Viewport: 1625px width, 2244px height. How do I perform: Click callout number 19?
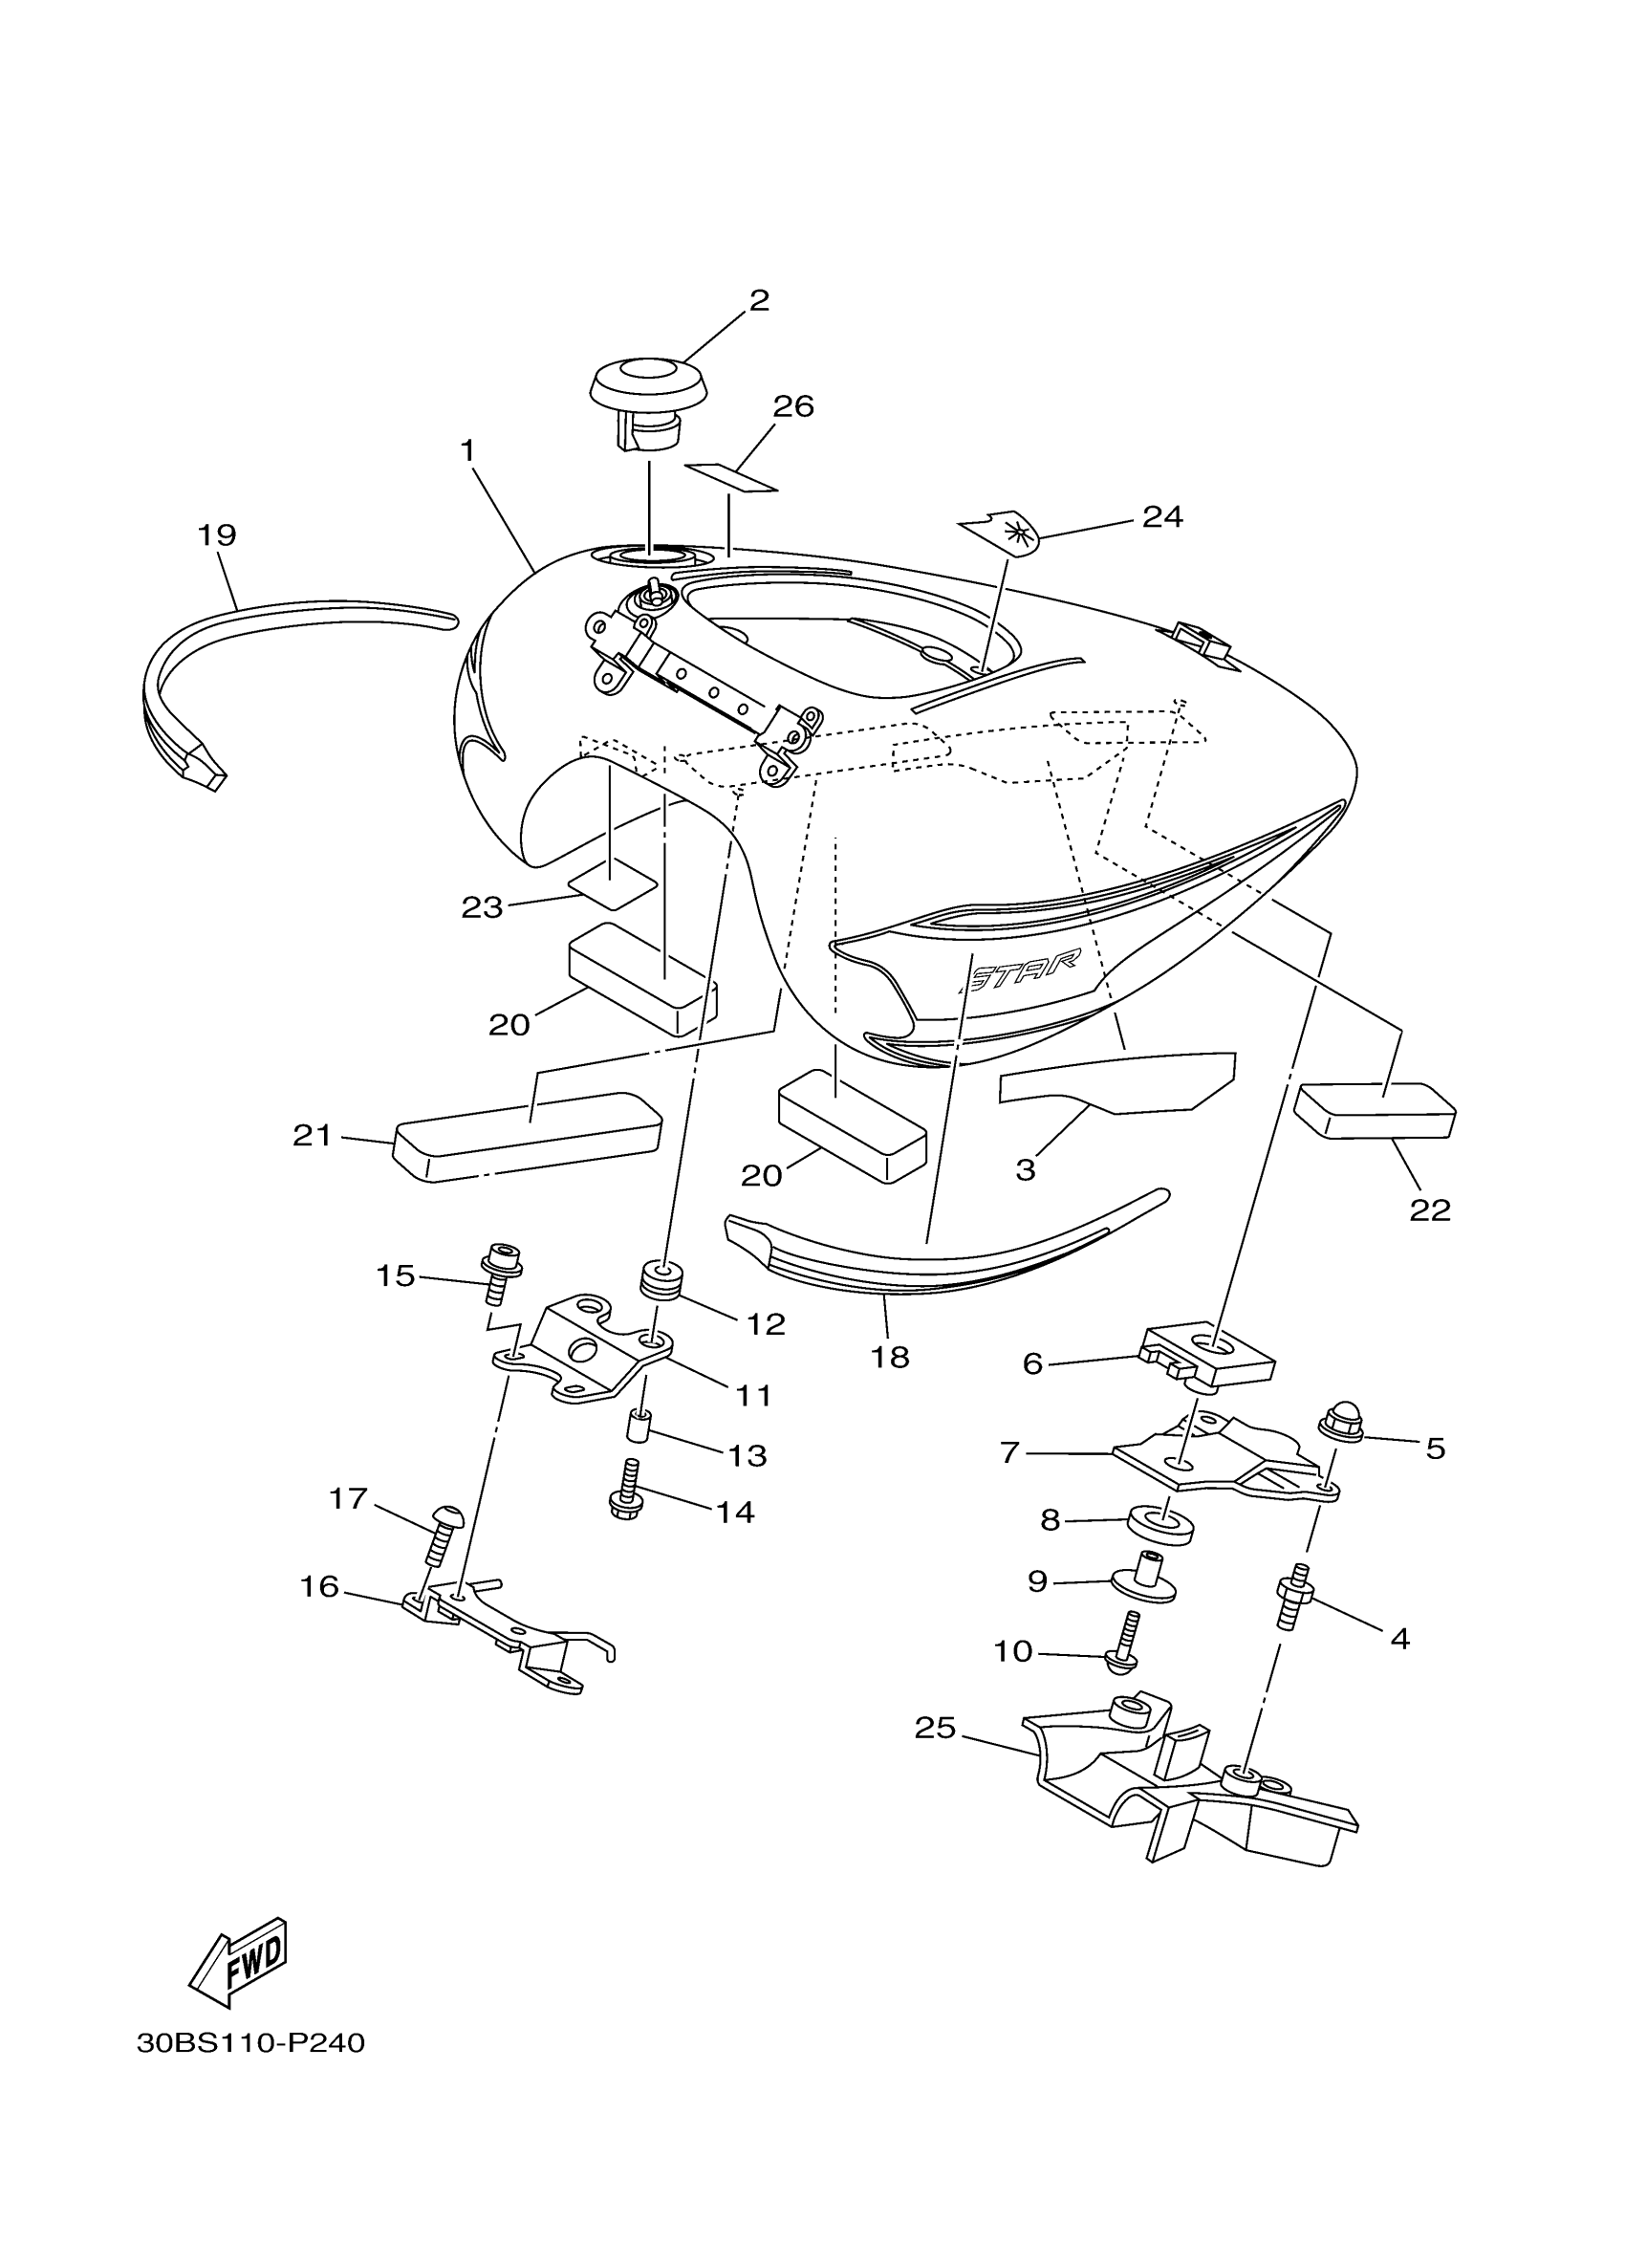tap(217, 535)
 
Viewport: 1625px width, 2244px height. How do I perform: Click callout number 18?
tap(889, 1358)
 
